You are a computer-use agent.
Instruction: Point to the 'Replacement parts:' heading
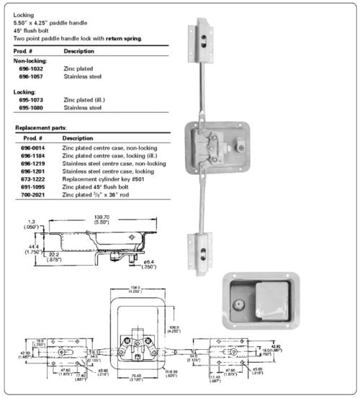42,127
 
